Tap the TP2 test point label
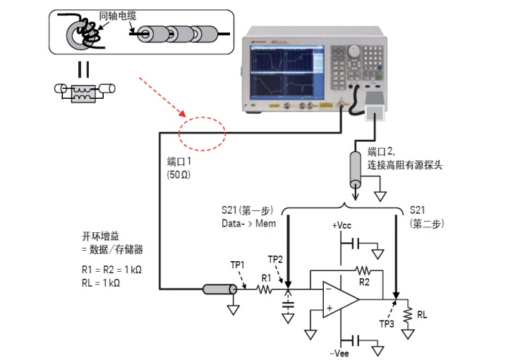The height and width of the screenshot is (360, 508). (276, 258)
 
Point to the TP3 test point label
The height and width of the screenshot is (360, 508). (386, 325)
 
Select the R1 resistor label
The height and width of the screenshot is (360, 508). (266, 278)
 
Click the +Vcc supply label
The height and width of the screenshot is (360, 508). (342, 226)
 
